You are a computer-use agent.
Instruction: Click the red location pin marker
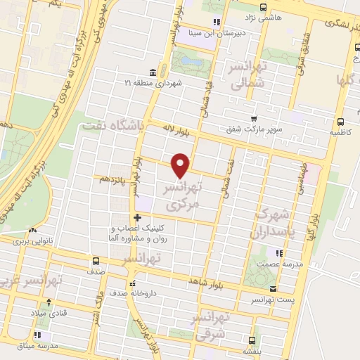point(181,165)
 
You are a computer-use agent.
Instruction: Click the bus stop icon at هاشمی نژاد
point(263,8)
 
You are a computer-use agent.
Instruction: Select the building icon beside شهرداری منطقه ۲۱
point(153,73)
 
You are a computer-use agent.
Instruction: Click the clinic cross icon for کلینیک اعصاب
point(138,217)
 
